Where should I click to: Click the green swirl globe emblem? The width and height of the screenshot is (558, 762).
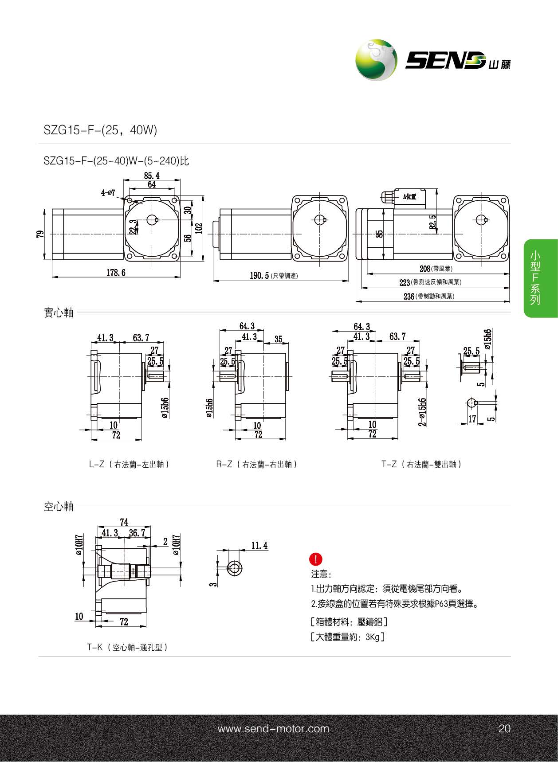click(x=376, y=60)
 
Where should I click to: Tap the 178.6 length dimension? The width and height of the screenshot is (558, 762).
click(x=116, y=273)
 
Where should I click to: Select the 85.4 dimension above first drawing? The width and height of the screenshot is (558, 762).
click(x=152, y=176)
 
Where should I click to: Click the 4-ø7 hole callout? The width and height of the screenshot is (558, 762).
click(x=108, y=193)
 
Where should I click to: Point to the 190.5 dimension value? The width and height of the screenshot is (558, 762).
click(x=259, y=276)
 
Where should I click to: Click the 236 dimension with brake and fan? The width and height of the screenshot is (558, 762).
click(x=409, y=296)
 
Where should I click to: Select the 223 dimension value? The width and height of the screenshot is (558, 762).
click(x=405, y=282)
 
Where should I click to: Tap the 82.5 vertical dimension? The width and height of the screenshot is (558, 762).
click(x=432, y=222)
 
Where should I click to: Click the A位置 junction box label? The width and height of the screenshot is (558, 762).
click(x=409, y=196)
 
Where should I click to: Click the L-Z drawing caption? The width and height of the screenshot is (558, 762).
click(x=129, y=464)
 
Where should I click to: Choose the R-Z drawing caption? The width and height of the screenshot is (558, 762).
click(x=256, y=464)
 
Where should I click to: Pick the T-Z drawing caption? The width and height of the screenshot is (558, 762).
click(x=421, y=464)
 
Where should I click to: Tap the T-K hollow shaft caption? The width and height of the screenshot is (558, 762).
click(x=127, y=647)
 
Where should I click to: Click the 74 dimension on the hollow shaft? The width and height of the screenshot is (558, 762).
click(x=124, y=522)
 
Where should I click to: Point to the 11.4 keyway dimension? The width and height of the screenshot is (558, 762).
click(x=259, y=546)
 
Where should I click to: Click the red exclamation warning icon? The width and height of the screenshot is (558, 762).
click(x=316, y=559)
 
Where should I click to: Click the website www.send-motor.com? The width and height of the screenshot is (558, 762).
click(x=273, y=729)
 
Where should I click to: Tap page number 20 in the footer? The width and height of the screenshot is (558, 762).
click(x=504, y=729)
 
